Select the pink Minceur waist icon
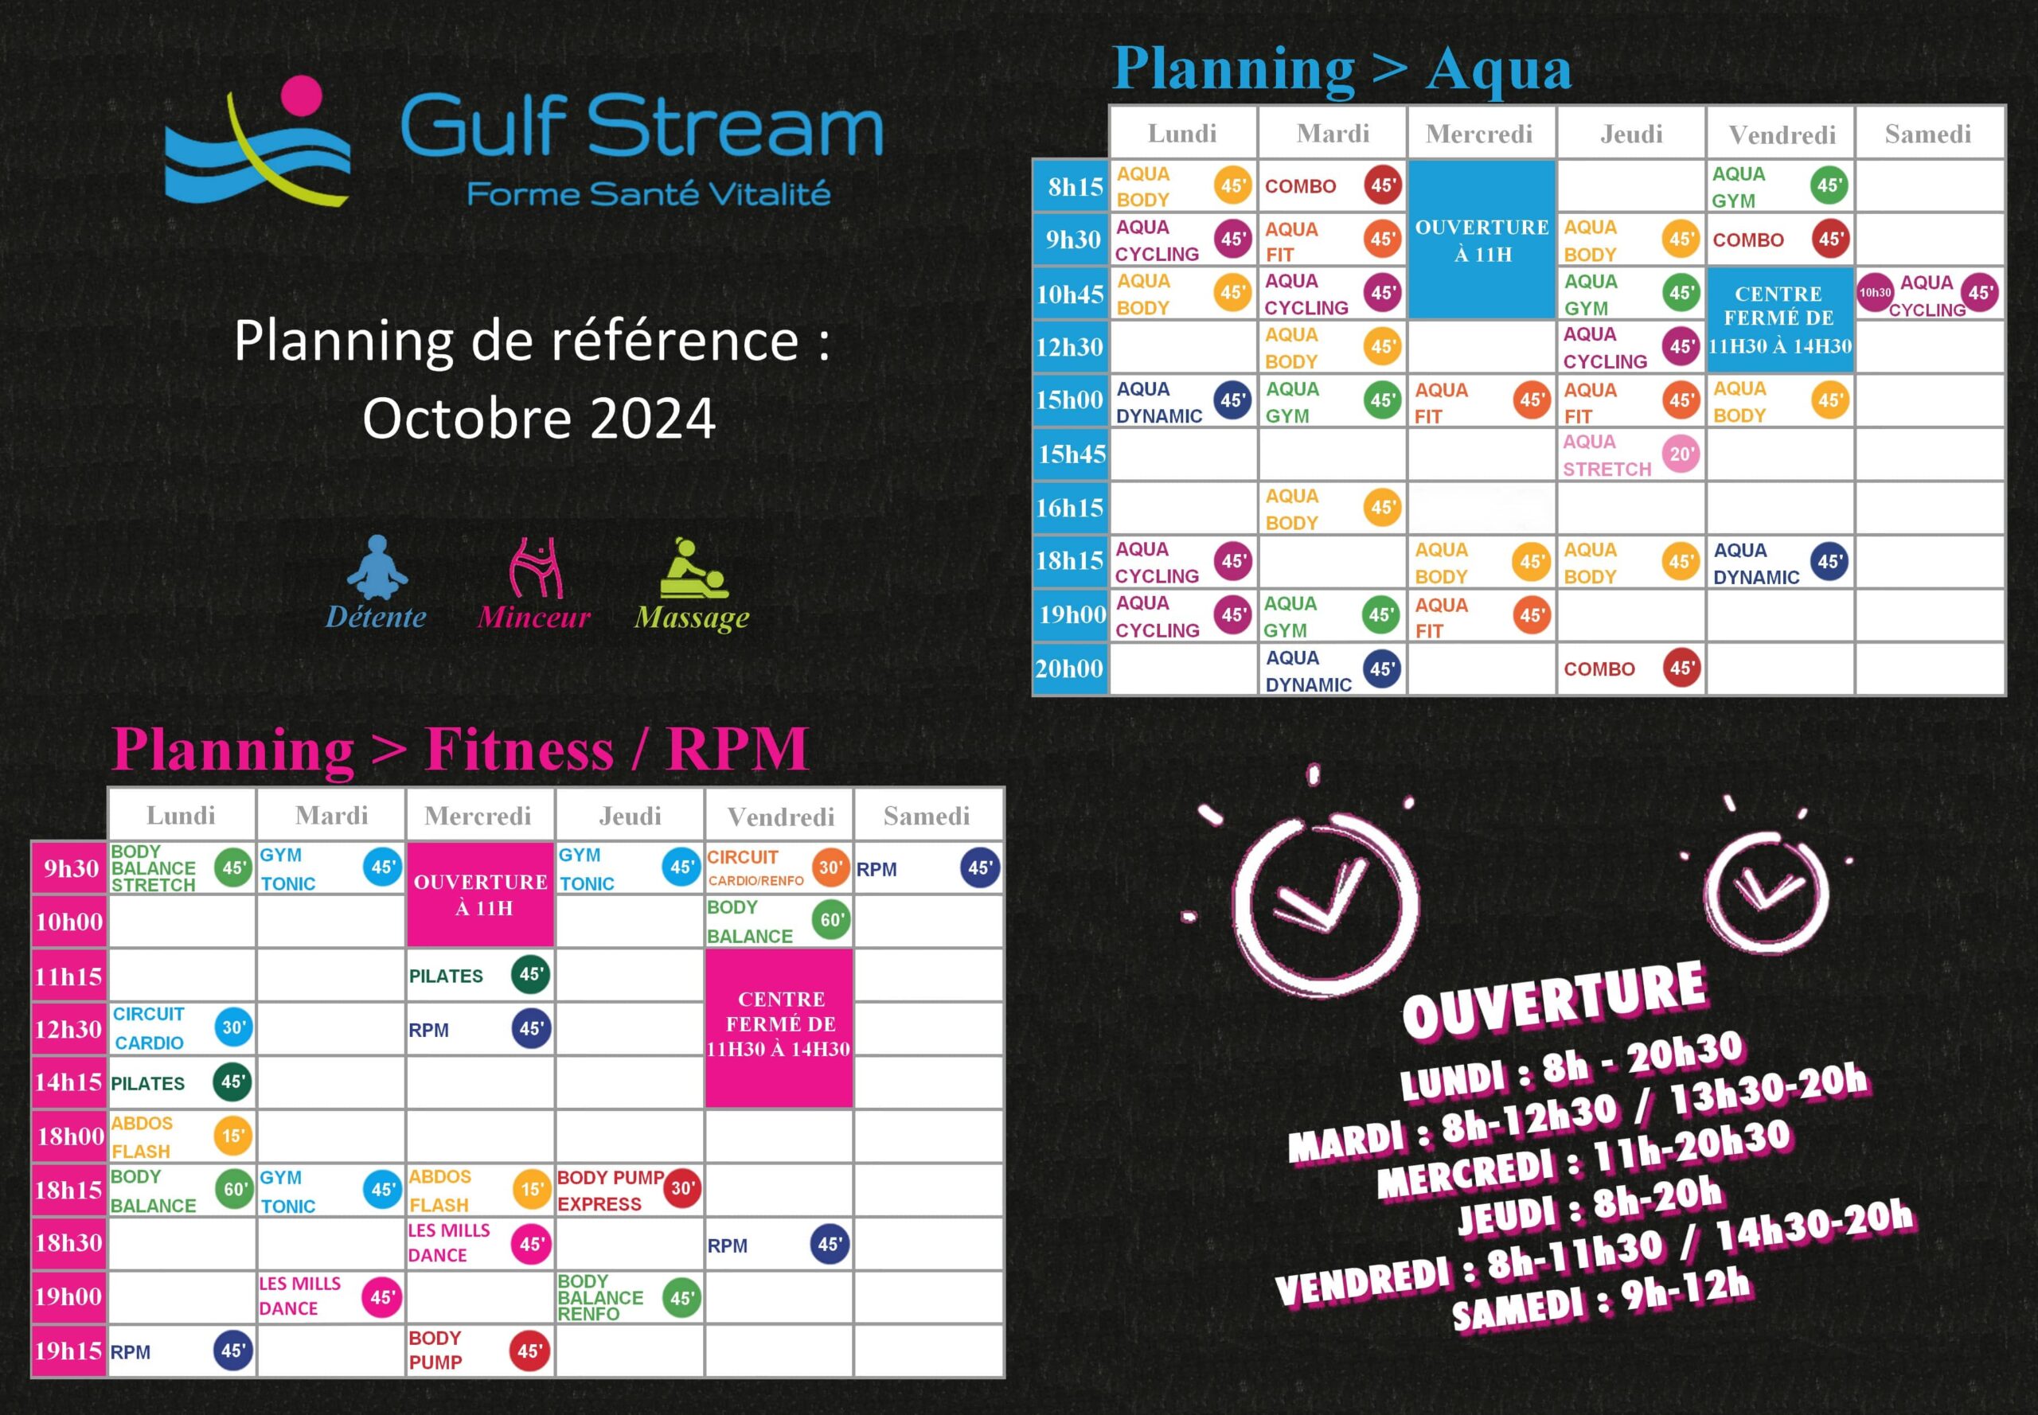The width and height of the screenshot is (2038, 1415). [536, 567]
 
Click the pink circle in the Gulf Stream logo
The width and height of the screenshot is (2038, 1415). [302, 96]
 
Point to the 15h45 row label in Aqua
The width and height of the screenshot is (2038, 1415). [1072, 454]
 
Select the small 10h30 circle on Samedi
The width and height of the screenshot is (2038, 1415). [1875, 293]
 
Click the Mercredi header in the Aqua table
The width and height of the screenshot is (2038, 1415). [1479, 134]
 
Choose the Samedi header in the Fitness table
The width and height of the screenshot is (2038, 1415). [927, 816]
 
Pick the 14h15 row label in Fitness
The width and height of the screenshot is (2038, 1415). [69, 1082]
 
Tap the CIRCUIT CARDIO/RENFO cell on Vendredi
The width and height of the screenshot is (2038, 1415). [779, 868]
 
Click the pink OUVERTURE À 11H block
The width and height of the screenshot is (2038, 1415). [481, 895]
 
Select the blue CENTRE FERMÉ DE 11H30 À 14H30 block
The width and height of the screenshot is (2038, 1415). [1780, 320]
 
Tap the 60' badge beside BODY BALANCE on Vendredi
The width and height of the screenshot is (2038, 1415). [831, 920]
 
